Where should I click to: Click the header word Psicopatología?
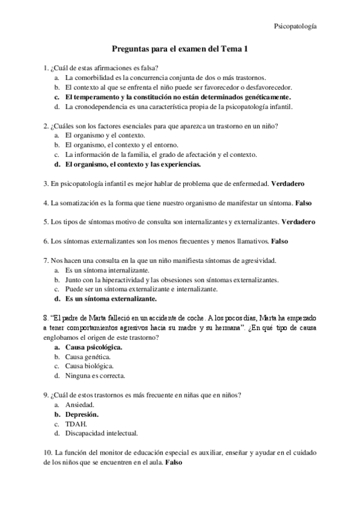tap(296, 26)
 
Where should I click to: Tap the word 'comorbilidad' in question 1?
tap(96, 78)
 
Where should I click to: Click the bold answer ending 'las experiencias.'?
tap(132, 164)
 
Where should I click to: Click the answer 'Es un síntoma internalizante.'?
tap(107, 270)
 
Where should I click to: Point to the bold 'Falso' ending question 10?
tap(173, 463)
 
